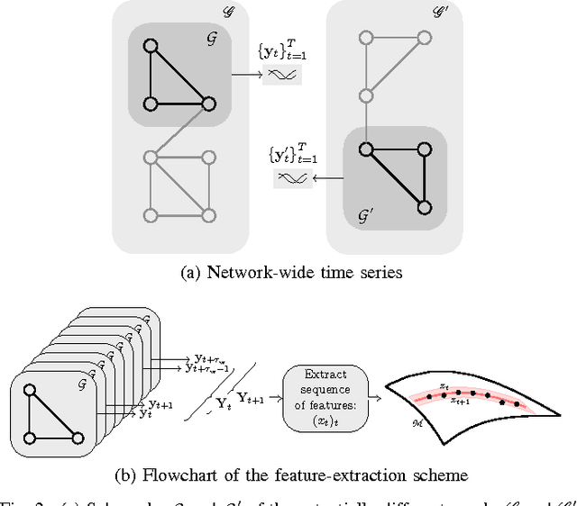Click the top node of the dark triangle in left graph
151,46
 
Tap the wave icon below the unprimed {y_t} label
282,76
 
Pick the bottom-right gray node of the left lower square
209,215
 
